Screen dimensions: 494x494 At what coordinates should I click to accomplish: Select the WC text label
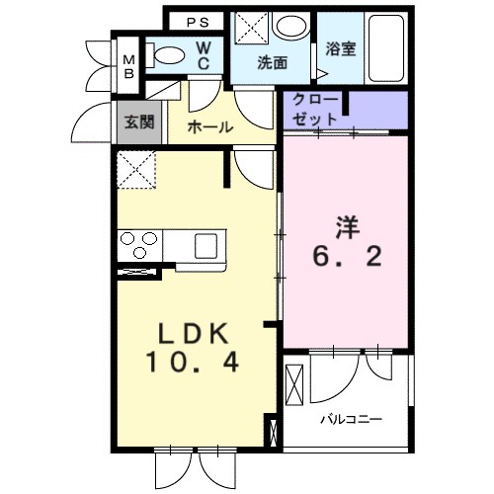click(204, 56)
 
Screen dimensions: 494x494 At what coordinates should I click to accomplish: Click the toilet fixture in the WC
click(171, 55)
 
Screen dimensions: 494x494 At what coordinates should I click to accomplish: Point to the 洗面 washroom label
click(272, 62)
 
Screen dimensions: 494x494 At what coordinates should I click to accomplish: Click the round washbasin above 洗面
click(290, 28)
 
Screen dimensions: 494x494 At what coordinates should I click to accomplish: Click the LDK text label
click(191, 332)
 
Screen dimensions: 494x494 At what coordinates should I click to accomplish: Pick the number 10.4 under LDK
click(193, 365)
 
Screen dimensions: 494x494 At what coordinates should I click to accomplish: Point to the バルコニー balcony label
click(351, 420)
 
